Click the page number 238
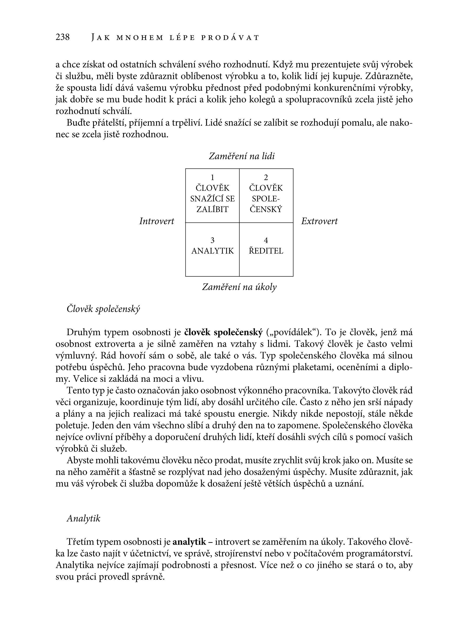63,37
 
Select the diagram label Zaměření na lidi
242,156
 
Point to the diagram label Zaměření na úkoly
239,287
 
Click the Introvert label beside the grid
157,221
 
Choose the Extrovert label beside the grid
319,221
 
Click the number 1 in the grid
212,177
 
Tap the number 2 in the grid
266,177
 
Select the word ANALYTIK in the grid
212,251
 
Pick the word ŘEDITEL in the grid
266,251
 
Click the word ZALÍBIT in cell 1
212,209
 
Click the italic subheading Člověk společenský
103,309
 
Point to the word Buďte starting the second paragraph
78,123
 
